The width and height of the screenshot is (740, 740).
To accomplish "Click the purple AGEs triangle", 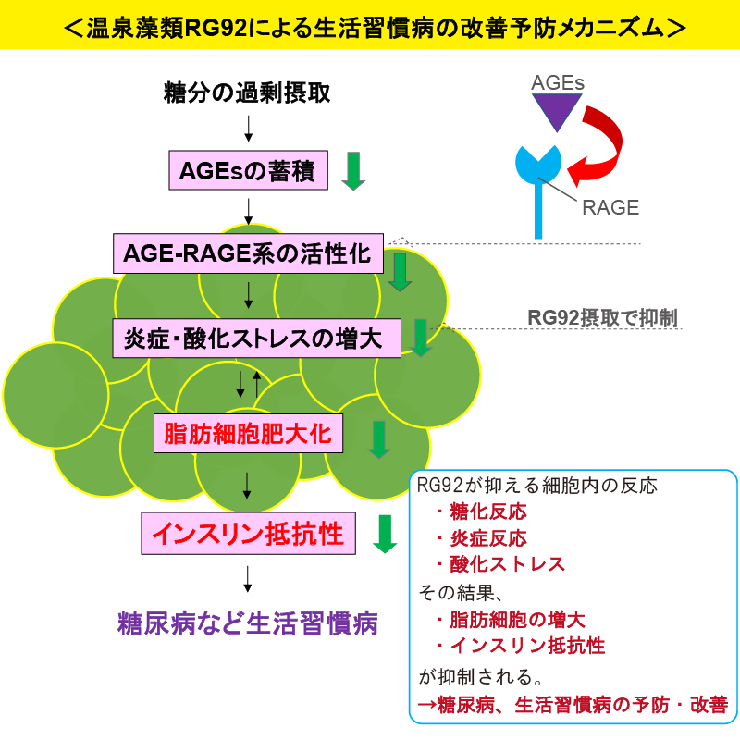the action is point(557,109).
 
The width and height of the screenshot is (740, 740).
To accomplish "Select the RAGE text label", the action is point(610,207).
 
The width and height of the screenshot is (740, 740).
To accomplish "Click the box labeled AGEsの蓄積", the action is point(248,170).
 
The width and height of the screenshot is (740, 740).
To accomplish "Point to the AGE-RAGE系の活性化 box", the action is point(248,253).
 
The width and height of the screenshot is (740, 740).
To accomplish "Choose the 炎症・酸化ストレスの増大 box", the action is point(257,338).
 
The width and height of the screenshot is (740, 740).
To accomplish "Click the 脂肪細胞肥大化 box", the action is point(248,433).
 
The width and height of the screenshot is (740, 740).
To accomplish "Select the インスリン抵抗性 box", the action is point(248,534).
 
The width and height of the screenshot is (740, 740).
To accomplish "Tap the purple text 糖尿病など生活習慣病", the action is point(248,623).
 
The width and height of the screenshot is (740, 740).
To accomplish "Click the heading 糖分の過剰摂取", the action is point(247,92).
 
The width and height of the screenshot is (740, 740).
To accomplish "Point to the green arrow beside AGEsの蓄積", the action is point(353,171).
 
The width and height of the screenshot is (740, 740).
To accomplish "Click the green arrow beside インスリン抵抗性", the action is point(385,534).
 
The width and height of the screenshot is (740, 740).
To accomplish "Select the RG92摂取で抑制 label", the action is point(602,317).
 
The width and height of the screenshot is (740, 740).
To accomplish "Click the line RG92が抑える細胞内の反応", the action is point(537,486).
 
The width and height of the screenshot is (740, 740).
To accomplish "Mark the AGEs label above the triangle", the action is point(558,82).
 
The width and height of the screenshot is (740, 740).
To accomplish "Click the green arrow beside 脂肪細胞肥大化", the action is point(379,439).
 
